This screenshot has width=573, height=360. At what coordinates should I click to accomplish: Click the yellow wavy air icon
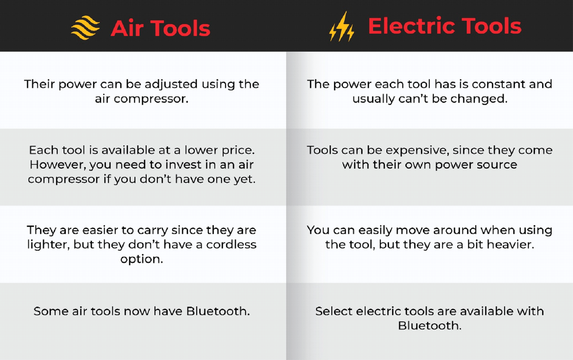(x=86, y=28)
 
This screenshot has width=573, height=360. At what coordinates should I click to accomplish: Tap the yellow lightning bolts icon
(x=342, y=26)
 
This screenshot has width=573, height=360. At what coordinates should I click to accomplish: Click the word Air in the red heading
(x=127, y=28)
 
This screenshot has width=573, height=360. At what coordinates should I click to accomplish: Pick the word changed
(x=479, y=99)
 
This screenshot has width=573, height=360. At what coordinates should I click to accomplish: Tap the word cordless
(x=231, y=244)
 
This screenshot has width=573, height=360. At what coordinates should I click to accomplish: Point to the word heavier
(x=510, y=245)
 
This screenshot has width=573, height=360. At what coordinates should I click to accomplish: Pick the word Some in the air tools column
(x=51, y=311)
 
